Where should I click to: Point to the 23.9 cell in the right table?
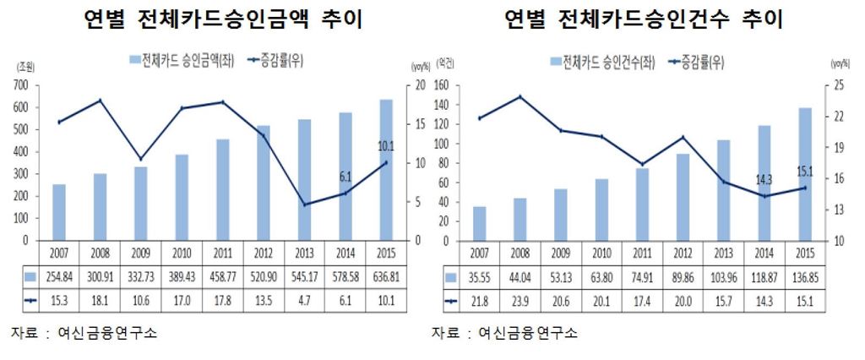coord(520,299)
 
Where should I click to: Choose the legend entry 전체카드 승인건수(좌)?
coord(601,63)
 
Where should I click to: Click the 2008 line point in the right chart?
coord(520,96)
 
